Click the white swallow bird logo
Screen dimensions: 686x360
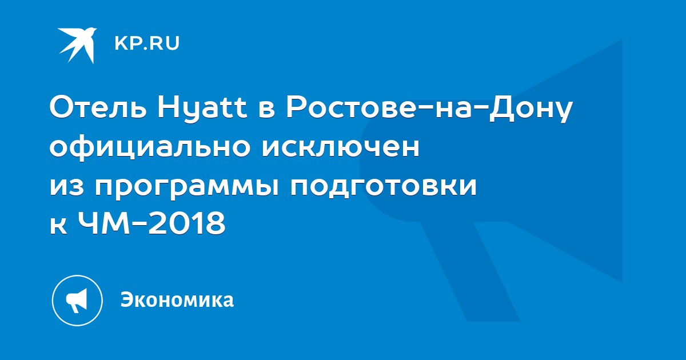[78, 45]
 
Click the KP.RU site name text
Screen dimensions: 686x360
[147, 43]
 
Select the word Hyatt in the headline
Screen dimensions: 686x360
[202, 109]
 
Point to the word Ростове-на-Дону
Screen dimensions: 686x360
[429, 110]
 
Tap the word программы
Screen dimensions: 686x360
[187, 187]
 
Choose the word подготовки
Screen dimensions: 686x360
[384, 187]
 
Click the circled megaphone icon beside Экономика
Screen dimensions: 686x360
[77, 301]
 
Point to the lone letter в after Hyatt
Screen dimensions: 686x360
[266, 110]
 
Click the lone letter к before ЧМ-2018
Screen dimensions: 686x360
[58, 226]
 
